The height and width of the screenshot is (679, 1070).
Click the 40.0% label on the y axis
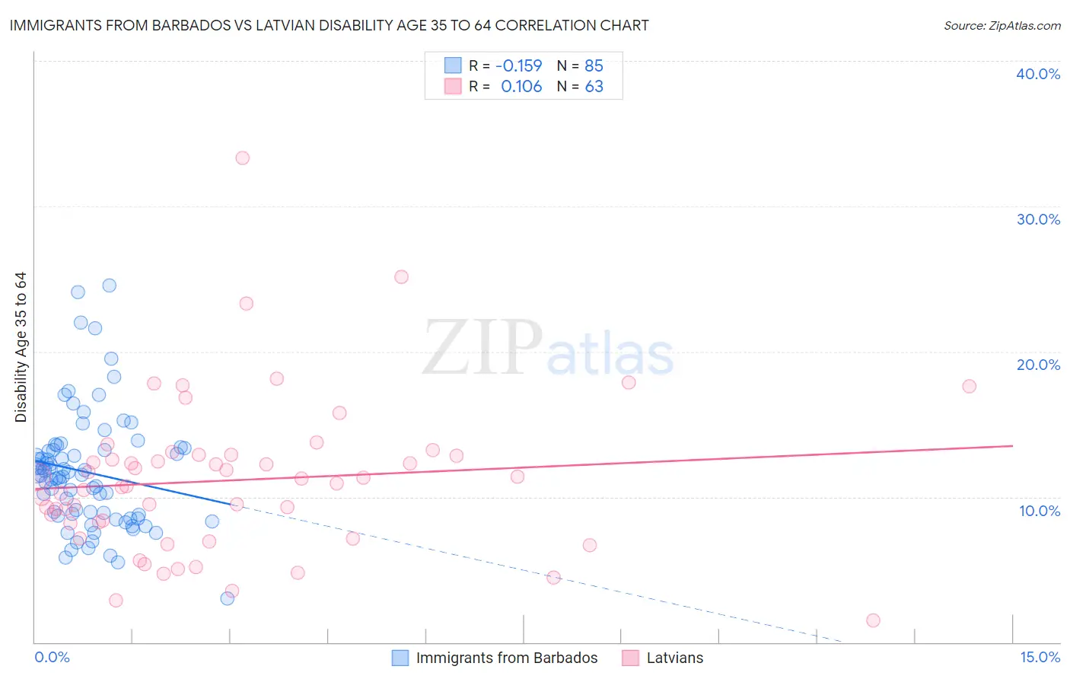tap(1038, 74)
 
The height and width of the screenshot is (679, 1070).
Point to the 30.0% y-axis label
tap(1038, 219)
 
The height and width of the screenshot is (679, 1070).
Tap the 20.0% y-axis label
tap(1038, 365)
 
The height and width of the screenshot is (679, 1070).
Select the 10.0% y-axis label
tap(1040, 511)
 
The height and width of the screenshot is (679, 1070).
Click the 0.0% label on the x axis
tap(52, 657)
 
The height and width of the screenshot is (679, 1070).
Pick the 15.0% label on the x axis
tap(1040, 657)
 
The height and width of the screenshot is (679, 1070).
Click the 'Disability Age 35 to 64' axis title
tap(21, 347)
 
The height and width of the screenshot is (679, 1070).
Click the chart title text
tap(329, 25)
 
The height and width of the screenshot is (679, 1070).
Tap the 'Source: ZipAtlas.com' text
tap(1002, 26)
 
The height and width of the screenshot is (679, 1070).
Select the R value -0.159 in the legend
tap(518, 65)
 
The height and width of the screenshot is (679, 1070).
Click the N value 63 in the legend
tap(594, 87)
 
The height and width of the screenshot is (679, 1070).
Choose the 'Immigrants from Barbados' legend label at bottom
tap(507, 658)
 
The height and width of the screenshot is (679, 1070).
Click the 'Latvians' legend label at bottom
tap(675, 658)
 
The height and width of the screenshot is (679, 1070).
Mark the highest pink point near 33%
tap(242, 158)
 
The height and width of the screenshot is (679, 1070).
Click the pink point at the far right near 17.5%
tap(969, 386)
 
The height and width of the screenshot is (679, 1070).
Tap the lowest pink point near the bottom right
tap(873, 620)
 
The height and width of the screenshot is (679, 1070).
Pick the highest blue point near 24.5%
tap(109, 285)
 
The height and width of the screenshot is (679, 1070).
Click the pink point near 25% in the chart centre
tap(401, 277)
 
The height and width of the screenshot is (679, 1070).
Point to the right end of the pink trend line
tap(1012, 445)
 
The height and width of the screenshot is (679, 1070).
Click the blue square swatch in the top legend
tap(453, 65)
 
